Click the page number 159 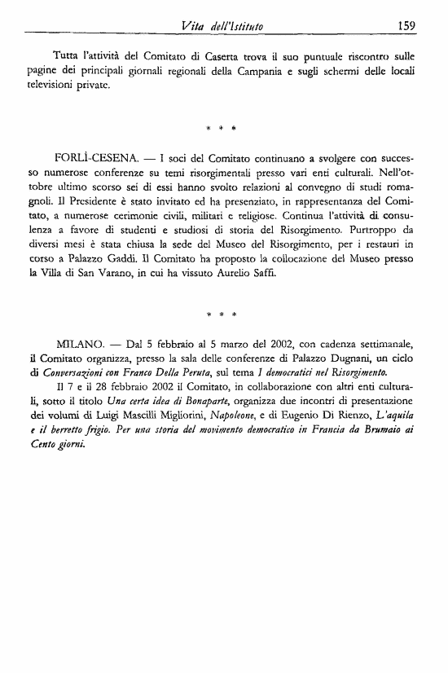[407, 25]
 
